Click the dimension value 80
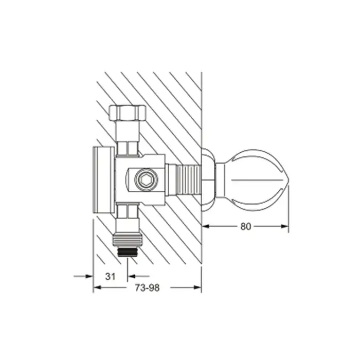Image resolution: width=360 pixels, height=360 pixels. click(245, 227)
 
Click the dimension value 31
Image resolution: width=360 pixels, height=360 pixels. click(110, 277)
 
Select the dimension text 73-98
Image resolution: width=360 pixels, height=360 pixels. click(147, 287)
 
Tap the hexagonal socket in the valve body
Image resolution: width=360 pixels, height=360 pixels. click(146, 180)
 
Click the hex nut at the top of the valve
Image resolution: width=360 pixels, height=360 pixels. click(127, 113)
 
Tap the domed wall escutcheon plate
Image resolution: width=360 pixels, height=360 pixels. click(208, 180)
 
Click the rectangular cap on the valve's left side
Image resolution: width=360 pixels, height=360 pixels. click(104, 180)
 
